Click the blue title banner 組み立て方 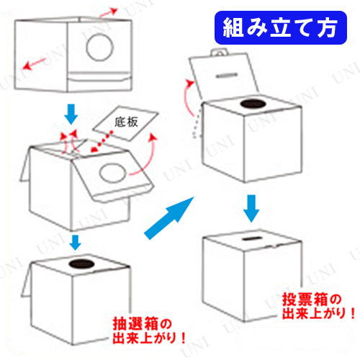281,27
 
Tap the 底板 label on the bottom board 126,122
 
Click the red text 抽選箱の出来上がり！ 149,330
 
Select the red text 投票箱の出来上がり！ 318,306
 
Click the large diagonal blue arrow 169,218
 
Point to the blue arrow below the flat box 71,114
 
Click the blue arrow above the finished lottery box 75,243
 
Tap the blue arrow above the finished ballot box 251,208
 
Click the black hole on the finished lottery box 81,264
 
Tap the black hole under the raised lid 253,104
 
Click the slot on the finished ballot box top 252,238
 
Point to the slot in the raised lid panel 227,76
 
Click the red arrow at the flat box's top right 108,12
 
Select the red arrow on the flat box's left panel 35,63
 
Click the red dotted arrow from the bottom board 102,141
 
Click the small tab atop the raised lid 219,53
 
